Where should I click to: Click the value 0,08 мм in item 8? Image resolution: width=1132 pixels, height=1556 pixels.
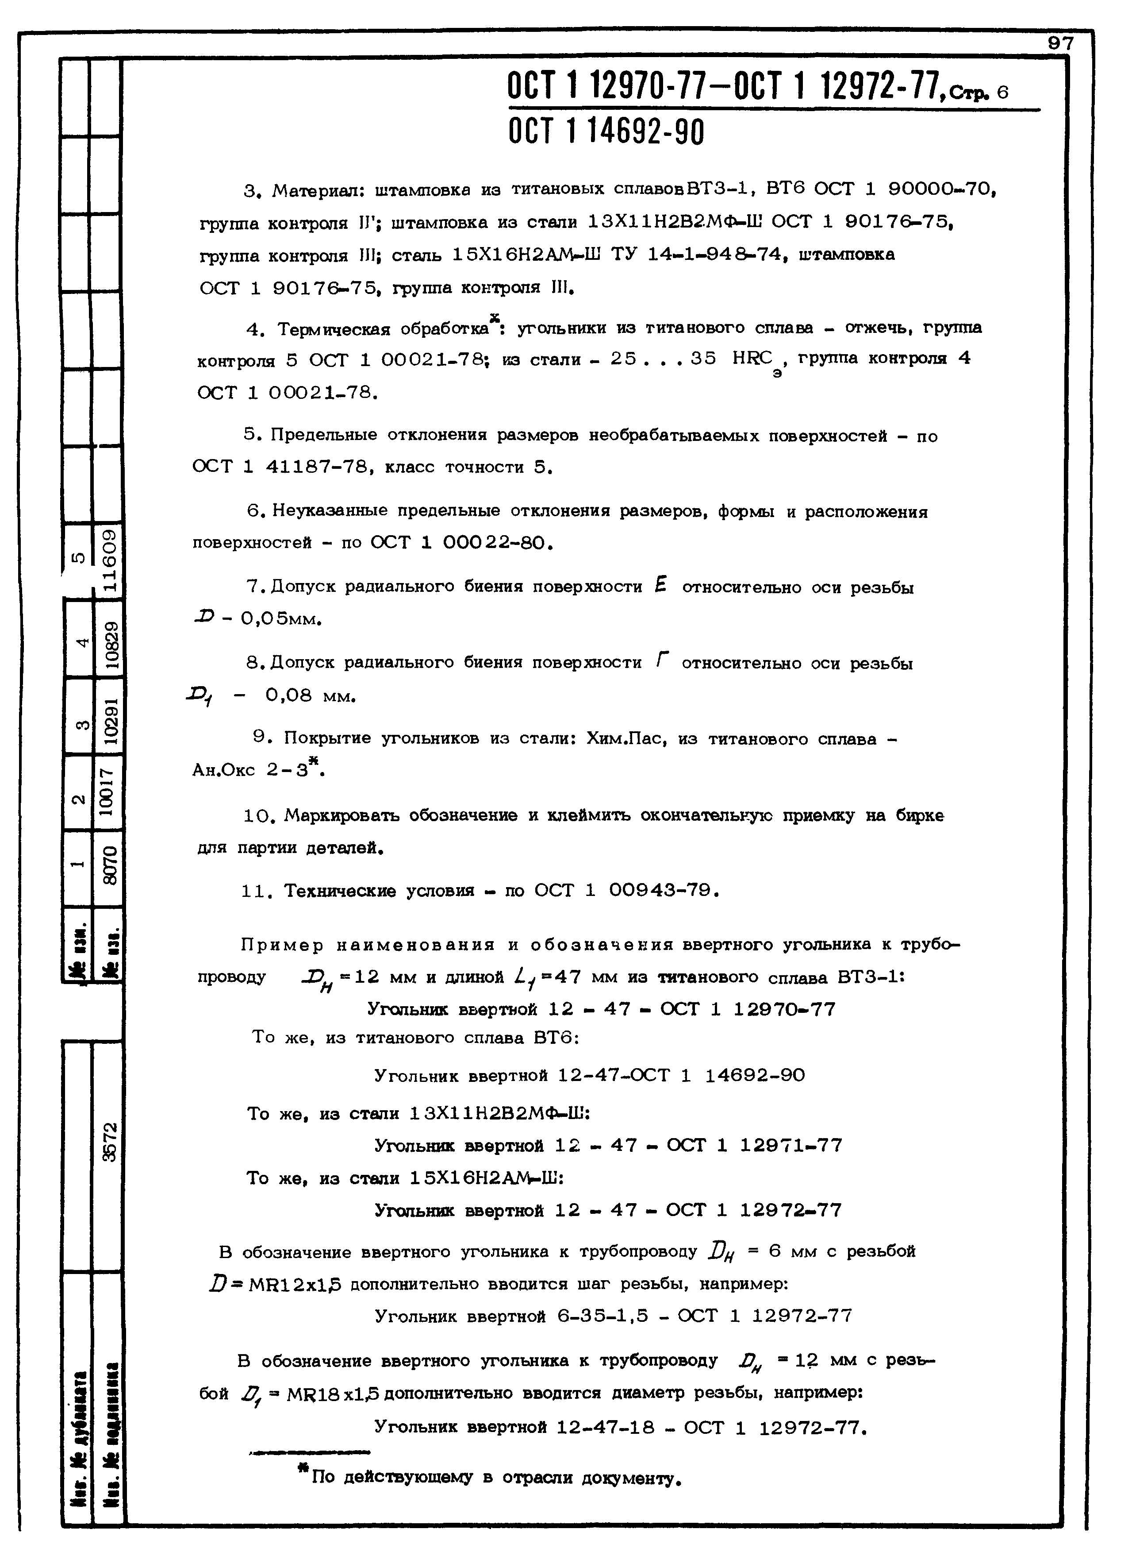pos(310,696)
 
